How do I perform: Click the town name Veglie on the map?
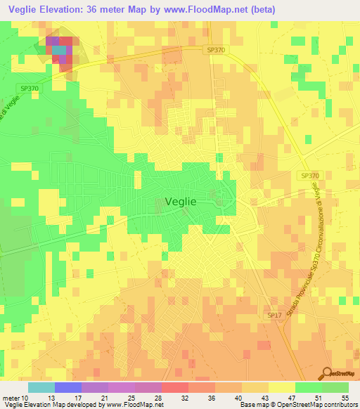coord(180,200)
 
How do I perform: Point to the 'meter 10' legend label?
coord(15,398)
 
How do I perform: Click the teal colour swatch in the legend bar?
coord(41,387)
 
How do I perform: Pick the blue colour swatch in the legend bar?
coord(67,387)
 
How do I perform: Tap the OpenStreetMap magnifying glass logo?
coord(327,373)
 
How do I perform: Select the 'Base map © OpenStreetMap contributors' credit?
coord(298,405)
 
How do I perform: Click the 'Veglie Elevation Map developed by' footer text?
coord(53,405)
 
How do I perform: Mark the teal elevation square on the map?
coord(59,50)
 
